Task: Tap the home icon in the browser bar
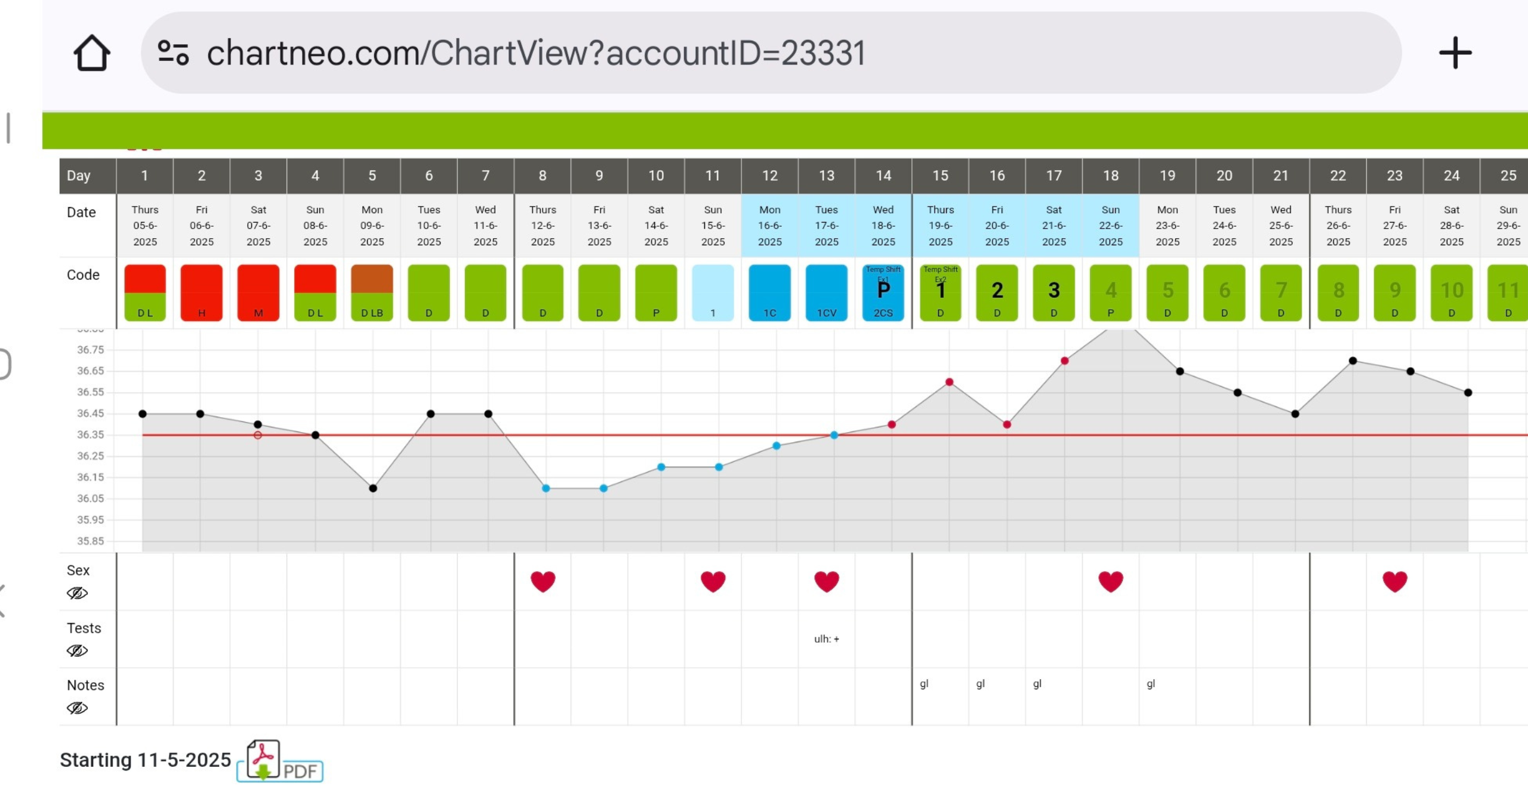pos(92,53)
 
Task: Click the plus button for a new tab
pos(1455,53)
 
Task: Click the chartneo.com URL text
pos(535,53)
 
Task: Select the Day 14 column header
pos(883,175)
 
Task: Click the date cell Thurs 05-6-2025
pos(145,226)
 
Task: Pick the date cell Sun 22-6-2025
pos(1110,226)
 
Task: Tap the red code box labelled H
pos(202,292)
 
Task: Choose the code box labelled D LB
pos(372,292)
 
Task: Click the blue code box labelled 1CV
pos(827,292)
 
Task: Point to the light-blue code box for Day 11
pos(713,292)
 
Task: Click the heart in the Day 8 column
pos(543,581)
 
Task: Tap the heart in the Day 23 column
pos(1394,581)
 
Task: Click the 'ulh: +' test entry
pos(827,639)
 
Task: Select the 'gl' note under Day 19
pos(1151,684)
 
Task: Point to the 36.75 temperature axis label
pos(90,350)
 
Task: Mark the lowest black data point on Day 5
pos(373,488)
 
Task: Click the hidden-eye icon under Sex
pos(77,593)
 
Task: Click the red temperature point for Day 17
pos(1064,360)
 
